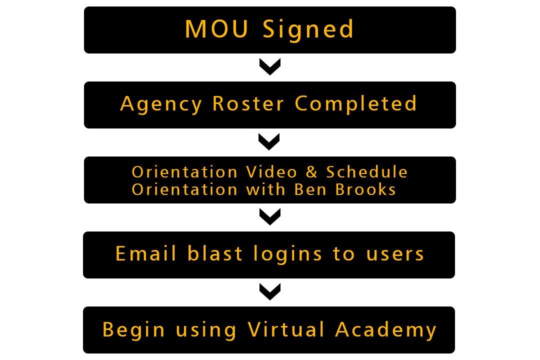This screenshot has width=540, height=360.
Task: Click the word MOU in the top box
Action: [216, 29]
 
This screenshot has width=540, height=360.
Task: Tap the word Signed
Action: [308, 30]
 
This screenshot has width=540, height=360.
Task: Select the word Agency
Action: [161, 104]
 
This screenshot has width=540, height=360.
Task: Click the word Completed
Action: [355, 104]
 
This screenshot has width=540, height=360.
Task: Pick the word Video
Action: [271, 172]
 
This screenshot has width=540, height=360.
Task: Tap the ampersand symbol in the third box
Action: [312, 172]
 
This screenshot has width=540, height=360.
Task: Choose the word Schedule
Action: [367, 172]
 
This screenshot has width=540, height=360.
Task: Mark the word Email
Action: [146, 253]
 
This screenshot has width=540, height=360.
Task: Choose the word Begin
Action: [133, 330]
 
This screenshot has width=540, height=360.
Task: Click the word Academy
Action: [386, 330]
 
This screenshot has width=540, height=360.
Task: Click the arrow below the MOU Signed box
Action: [270, 67]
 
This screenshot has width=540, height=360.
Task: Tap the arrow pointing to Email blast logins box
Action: [270, 217]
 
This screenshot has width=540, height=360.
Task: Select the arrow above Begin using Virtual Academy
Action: [270, 292]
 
